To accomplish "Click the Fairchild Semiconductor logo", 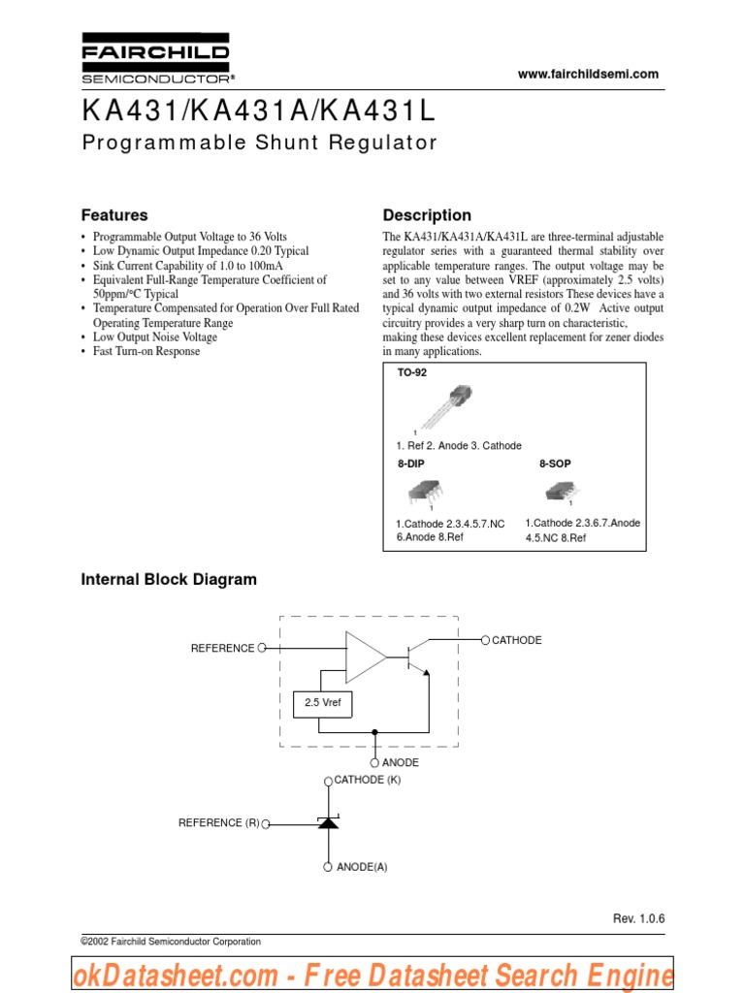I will point(155,60).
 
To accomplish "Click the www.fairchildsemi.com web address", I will point(588,74).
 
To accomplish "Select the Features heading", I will point(114,215).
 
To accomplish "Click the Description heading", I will point(427,215).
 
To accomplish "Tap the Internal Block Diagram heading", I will point(169,580).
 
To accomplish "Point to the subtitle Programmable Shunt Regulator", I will point(259,143).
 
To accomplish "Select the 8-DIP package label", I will point(410,464).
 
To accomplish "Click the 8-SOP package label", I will point(555,464).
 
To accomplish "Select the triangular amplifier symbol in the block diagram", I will point(365,657).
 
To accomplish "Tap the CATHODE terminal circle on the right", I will point(486,640).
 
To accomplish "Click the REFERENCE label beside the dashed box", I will point(222,648).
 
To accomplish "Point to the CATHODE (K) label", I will point(367,780).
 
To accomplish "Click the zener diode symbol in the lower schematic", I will point(328,823).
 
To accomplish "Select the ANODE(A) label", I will point(361,867).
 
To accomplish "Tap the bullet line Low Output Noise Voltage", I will point(155,337).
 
